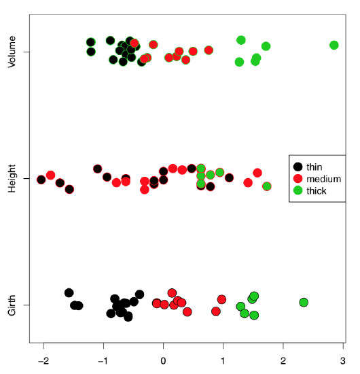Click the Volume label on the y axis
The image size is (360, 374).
(12, 52)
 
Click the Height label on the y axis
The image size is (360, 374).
(12, 179)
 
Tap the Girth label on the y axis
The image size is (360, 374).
(12, 305)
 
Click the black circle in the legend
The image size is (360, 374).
(298, 166)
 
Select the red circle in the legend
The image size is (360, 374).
(298, 178)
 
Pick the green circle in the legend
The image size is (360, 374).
(298, 190)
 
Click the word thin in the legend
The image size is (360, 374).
(314, 166)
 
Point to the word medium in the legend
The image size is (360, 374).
(323, 178)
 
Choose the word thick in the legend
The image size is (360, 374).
(317, 190)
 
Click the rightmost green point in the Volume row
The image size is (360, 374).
(334, 45)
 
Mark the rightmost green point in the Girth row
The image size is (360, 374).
(304, 302)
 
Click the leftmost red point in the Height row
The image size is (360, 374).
(41, 180)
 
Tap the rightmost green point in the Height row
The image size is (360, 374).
(267, 186)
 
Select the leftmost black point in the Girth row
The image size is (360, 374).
(69, 292)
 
